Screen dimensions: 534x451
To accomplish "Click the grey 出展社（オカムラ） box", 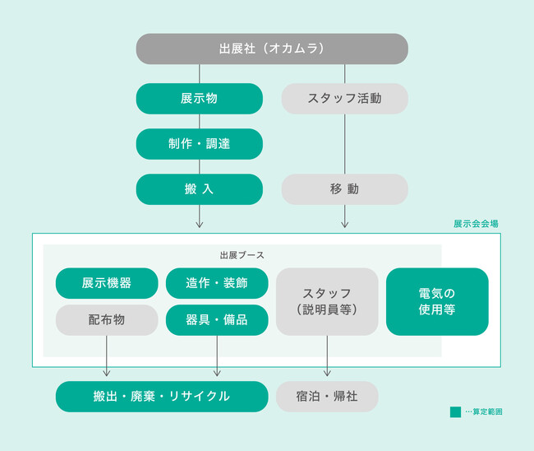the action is (272, 49).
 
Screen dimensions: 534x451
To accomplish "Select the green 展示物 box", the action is (200, 99).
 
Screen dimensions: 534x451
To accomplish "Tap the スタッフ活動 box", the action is (345, 99).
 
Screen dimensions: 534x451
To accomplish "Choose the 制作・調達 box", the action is (200, 144).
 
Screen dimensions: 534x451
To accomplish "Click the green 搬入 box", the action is (200, 189).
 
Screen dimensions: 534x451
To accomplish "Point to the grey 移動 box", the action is (345, 189).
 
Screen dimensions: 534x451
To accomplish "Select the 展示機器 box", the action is (107, 283).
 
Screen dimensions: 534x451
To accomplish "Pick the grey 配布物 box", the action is (107, 320).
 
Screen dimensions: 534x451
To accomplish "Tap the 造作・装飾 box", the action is (217, 283).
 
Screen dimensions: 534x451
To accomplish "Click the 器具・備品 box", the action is (217, 320).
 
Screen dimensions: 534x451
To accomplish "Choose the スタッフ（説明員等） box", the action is (327, 301).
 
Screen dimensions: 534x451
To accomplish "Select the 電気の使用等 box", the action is (437, 301).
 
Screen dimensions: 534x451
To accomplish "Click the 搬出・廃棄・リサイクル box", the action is (162, 397).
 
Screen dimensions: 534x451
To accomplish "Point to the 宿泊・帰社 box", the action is (327, 397).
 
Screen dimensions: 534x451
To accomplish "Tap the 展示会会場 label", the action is (476, 224).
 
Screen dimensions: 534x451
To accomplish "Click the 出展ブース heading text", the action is (242, 255).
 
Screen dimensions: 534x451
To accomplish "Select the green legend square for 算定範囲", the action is (455, 411).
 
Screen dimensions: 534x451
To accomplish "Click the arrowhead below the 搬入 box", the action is (200, 225).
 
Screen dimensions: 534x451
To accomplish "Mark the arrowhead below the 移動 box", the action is (345, 225).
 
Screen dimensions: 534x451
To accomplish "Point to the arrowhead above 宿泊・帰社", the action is (327, 373).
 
